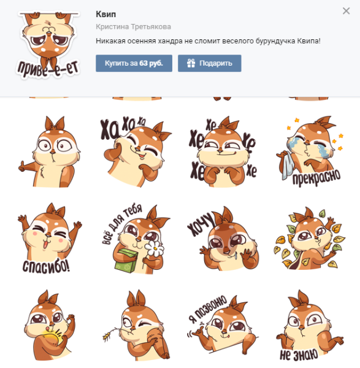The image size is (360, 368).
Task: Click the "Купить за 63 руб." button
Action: (x=134, y=63)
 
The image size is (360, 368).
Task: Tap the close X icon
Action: (x=346, y=11)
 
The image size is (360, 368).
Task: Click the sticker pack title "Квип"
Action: (x=106, y=14)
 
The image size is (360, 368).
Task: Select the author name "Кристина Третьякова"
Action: (x=133, y=27)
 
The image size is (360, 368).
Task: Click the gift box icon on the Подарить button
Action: (x=191, y=63)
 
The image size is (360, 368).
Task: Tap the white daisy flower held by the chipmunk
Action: (x=154, y=248)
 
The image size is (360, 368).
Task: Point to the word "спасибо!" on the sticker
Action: (x=46, y=267)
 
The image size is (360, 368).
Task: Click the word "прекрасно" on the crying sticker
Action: (x=316, y=177)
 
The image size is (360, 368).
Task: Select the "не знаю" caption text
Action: (x=299, y=355)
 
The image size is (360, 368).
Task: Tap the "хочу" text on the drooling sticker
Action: (x=201, y=224)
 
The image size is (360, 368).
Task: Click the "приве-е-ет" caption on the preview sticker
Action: (x=48, y=69)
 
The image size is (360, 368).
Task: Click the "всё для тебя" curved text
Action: (x=121, y=223)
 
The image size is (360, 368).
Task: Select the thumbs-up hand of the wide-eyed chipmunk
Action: (x=22, y=166)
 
